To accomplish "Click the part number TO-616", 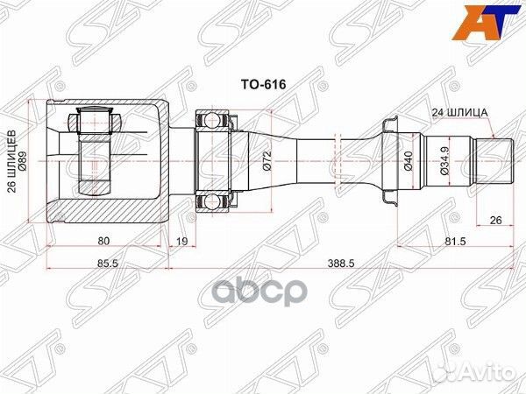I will (264, 86).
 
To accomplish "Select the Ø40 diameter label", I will (409, 160).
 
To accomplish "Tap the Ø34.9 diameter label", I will (446, 160).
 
